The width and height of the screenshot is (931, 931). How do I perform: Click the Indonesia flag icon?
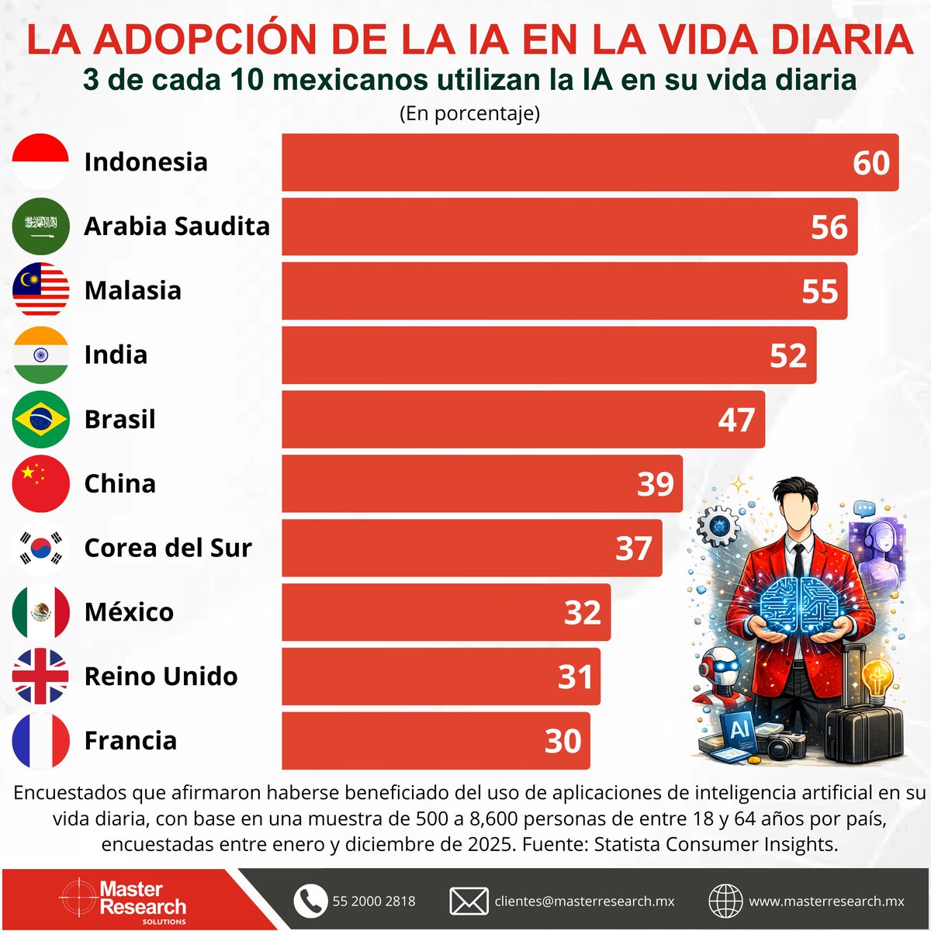41,161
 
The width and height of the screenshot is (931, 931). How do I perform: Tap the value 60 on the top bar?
870,163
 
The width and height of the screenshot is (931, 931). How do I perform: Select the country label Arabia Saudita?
177,226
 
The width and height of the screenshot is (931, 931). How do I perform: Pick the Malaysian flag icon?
41,290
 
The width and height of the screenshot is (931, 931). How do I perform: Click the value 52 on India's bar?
788,355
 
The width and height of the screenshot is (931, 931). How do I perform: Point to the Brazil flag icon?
41,419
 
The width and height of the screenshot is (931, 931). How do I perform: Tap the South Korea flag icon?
41,548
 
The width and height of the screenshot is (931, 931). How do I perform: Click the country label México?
129,611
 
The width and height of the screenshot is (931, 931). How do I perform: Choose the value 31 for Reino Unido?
575,677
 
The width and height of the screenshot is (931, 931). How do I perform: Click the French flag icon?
41,741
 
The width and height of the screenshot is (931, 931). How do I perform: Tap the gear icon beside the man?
718,526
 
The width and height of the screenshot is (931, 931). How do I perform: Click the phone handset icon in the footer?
310,901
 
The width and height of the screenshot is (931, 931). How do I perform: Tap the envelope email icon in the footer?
469,901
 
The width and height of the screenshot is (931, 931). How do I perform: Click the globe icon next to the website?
725,901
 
